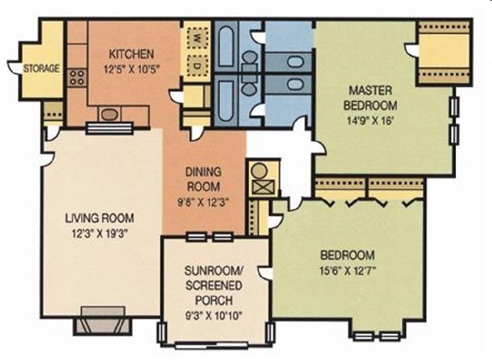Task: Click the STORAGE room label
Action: [42, 68]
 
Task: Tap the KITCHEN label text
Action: [132, 54]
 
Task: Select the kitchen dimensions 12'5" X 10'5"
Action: [132, 69]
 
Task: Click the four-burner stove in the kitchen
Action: [77, 78]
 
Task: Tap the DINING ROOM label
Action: [204, 179]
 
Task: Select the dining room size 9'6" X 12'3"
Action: [204, 202]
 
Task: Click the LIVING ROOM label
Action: [100, 218]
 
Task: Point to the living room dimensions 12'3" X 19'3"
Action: [100, 233]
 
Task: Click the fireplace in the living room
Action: [103, 320]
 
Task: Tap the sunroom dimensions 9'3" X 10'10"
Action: [214, 315]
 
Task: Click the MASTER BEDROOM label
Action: [370, 97]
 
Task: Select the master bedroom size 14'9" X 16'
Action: [370, 120]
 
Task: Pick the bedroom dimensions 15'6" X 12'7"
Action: [348, 270]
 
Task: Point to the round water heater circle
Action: [260, 171]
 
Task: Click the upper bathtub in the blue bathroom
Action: [226, 47]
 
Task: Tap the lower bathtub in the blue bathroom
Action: [226, 101]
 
